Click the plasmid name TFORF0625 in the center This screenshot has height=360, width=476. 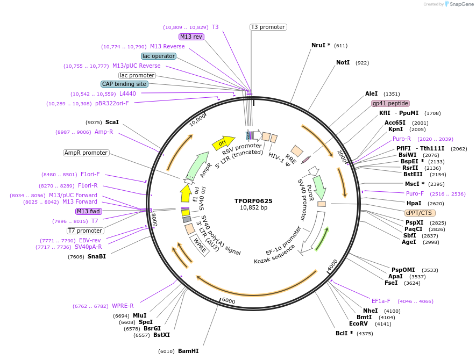(x=253, y=201)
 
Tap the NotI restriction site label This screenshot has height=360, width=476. (x=343, y=63)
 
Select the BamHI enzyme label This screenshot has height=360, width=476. (x=188, y=351)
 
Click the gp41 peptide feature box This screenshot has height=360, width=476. (x=390, y=103)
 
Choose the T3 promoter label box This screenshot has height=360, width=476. (x=268, y=27)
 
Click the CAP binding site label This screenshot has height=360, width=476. (x=124, y=84)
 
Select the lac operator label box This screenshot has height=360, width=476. (x=159, y=56)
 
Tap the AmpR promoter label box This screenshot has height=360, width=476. (x=86, y=153)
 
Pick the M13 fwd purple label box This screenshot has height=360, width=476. (x=89, y=211)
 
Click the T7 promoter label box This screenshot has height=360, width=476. (x=86, y=231)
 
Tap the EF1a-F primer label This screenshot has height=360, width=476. (x=381, y=301)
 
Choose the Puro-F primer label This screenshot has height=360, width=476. (x=415, y=193)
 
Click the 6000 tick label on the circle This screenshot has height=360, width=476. (x=229, y=301)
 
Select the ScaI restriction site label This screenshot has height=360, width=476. (x=112, y=122)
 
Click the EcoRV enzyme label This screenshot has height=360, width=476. (x=358, y=324)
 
